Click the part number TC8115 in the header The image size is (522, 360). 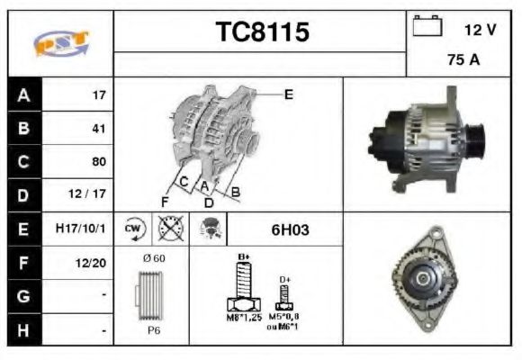click(x=262, y=33)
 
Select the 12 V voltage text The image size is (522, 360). click(x=480, y=30)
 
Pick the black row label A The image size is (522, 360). click(x=23, y=94)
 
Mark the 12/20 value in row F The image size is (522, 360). click(x=93, y=264)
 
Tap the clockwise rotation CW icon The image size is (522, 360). click(x=134, y=229)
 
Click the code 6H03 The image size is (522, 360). click(x=290, y=229)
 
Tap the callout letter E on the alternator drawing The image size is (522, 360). click(x=288, y=94)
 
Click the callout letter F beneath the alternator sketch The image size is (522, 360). click(x=165, y=201)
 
